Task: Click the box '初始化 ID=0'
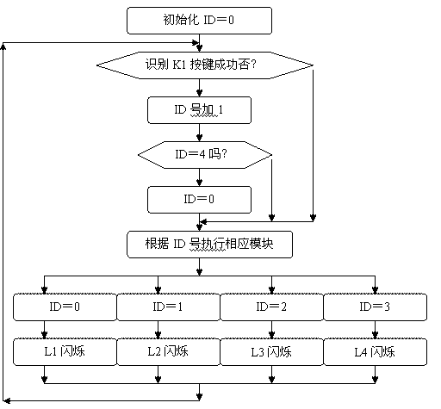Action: tap(199, 21)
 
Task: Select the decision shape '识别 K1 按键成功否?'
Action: tap(205, 65)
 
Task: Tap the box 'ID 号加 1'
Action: tap(199, 110)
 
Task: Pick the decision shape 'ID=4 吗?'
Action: tap(205, 155)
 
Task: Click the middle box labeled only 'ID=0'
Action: tap(199, 200)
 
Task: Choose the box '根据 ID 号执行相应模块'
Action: tap(209, 245)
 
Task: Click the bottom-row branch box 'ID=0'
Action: tap(65, 307)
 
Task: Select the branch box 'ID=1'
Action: tap(168, 307)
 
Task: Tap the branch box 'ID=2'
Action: tap(271, 307)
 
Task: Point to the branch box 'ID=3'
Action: tap(376, 307)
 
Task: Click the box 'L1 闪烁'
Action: tap(65, 352)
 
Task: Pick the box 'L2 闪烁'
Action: tap(168, 352)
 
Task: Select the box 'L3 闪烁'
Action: tap(271, 352)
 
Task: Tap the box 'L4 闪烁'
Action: tap(376, 352)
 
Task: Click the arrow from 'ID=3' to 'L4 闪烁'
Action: tap(375, 330)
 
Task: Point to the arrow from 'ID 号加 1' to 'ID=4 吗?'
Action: tap(199, 133)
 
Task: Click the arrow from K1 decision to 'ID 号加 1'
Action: tap(199, 88)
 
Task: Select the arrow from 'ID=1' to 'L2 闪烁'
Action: tap(158, 330)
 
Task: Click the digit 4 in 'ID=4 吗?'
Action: tap(202, 155)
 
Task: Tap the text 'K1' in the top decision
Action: tap(180, 65)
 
